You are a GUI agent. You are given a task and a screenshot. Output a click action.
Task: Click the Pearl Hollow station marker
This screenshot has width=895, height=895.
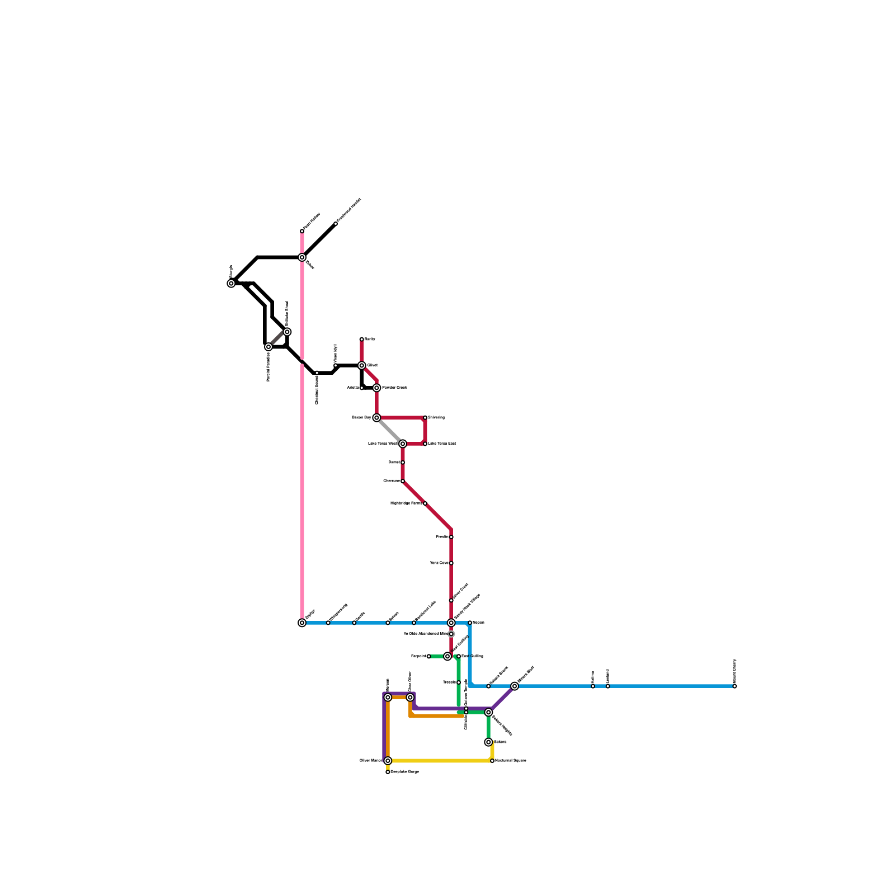(302, 231)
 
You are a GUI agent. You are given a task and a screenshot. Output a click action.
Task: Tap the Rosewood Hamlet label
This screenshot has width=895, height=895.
(350, 211)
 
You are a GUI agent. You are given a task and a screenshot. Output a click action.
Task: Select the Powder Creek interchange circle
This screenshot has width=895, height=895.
(376, 388)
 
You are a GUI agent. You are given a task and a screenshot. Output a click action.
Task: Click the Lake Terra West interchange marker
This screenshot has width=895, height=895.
(403, 444)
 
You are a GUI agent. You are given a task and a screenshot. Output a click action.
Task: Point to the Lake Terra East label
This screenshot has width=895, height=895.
(442, 444)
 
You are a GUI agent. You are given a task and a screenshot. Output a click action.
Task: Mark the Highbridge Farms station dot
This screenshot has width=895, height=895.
(425, 503)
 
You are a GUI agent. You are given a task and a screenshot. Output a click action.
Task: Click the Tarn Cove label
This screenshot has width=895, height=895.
(439, 563)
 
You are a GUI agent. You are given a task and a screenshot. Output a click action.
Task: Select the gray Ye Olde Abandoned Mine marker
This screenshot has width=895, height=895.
(451, 634)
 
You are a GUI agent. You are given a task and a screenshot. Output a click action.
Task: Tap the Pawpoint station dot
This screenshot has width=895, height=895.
(429, 656)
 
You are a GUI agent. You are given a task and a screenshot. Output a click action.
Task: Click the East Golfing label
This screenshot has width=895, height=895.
(472, 656)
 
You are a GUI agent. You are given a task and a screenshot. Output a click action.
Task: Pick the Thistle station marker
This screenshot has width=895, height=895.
(459, 682)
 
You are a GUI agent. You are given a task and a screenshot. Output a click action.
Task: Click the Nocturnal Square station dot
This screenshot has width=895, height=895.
(492, 761)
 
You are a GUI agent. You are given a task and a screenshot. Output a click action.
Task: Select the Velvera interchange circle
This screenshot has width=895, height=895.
(488, 742)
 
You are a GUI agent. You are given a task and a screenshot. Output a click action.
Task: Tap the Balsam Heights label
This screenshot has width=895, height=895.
(502, 725)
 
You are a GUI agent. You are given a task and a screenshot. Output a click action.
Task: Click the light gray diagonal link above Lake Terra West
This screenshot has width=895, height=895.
(390, 431)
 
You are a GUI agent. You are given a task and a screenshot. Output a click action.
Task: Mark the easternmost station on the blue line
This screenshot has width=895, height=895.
(734, 686)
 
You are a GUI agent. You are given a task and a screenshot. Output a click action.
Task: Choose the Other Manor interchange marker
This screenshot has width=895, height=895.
(388, 761)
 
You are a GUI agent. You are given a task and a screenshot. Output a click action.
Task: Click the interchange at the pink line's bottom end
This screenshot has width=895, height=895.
(302, 623)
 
